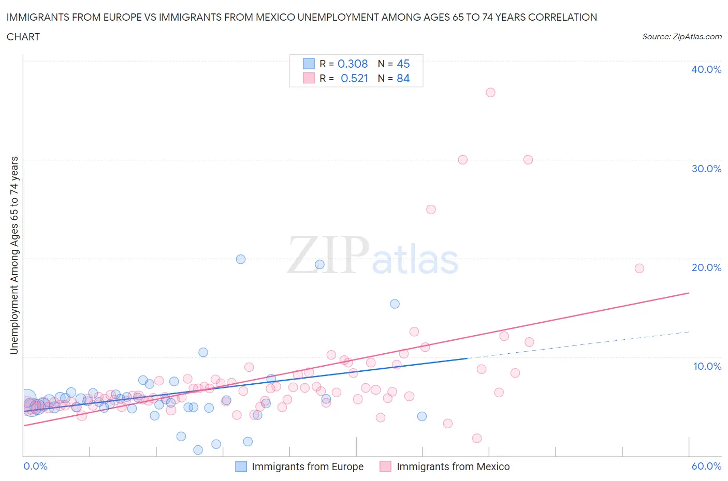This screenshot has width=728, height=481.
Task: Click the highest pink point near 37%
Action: (490, 93)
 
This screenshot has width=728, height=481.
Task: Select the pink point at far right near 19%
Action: (639, 268)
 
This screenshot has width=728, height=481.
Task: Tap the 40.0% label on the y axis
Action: (706, 69)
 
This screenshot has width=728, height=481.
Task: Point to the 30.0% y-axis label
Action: (706, 169)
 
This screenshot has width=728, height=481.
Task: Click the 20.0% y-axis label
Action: (706, 267)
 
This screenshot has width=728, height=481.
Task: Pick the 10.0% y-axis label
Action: (707, 366)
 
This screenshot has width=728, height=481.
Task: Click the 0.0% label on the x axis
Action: (35, 466)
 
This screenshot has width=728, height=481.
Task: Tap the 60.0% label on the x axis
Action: (706, 466)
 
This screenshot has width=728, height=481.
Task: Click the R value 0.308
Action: (353, 64)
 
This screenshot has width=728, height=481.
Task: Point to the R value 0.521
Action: (354, 78)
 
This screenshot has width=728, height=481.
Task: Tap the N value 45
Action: (403, 64)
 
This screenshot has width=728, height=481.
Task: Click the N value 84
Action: (403, 78)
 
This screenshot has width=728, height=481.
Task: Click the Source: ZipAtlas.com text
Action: (681, 37)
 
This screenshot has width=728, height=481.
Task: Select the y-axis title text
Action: (14, 255)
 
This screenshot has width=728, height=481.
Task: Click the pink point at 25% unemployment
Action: (431, 209)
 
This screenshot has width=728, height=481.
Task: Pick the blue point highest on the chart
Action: (241, 259)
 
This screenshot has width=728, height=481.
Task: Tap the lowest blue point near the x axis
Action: (198, 450)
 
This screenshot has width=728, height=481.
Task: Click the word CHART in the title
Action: (23, 37)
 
